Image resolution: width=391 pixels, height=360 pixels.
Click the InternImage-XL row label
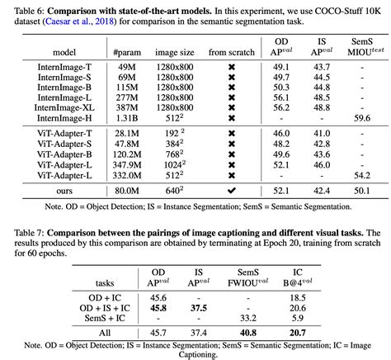(x=66, y=107)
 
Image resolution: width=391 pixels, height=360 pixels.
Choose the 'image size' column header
(x=173, y=52)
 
